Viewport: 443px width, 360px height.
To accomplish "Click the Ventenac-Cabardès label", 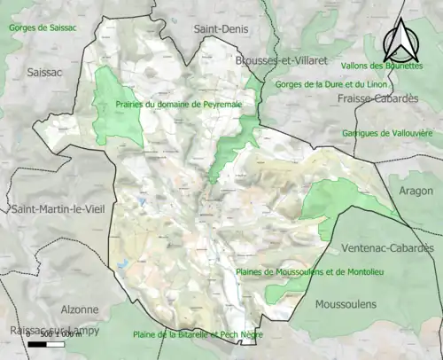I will tap(386, 247).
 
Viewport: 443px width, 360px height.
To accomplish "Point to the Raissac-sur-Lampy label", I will tap(53, 330).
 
